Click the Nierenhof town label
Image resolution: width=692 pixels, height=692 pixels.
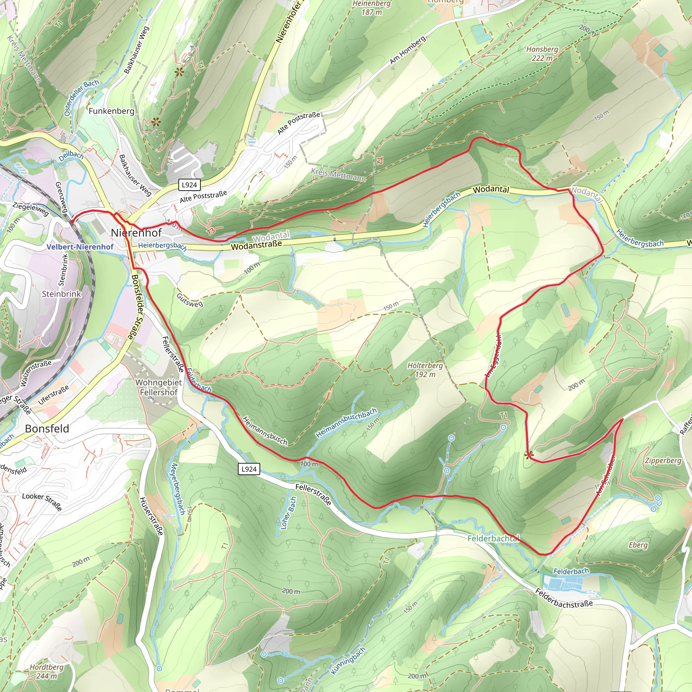point(136,233)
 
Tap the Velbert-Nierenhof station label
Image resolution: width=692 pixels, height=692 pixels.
point(80,247)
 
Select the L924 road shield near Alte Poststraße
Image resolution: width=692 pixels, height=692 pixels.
point(189,185)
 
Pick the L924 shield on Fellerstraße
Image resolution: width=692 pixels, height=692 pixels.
point(249,469)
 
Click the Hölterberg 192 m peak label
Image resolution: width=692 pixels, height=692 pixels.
point(425,370)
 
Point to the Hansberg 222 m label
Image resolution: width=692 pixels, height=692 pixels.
point(542,53)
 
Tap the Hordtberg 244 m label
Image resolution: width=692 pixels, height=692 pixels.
point(47,672)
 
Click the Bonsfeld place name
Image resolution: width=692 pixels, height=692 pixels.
point(47,428)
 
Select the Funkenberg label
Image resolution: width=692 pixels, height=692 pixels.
point(112,111)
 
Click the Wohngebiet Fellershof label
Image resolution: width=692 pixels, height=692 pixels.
point(159,387)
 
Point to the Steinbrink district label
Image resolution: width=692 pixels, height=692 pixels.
point(61,294)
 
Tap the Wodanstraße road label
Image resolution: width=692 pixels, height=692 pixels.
point(256,245)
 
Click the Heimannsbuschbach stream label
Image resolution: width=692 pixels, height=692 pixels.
point(346,423)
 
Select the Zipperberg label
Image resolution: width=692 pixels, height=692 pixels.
point(663,461)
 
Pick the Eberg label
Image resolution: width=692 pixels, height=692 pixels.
point(638,545)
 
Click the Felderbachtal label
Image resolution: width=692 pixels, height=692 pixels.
point(493,538)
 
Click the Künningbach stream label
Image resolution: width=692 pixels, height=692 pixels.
point(348,661)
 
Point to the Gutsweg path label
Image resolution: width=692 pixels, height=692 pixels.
point(190,300)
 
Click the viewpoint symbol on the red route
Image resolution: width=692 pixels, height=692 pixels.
point(528,455)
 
